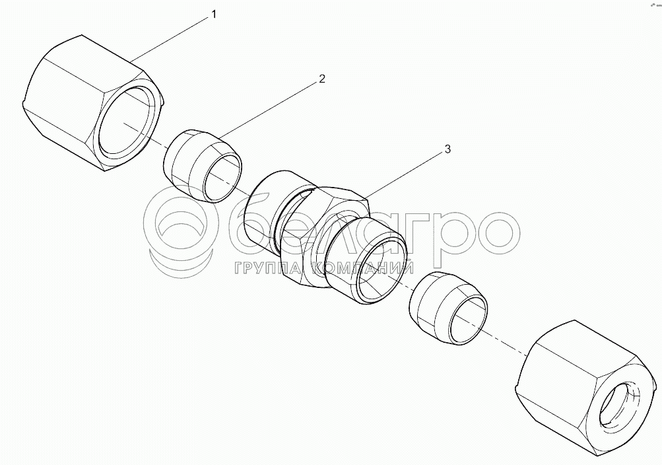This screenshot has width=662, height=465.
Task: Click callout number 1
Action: click(214, 15)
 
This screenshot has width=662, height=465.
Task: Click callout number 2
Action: click(322, 79)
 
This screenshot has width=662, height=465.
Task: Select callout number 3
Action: click(447, 149)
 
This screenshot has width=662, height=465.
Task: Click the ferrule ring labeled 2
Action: click(203, 166)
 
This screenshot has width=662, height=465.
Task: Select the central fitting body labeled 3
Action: click(325, 236)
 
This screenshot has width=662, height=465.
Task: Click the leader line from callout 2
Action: click(269, 110)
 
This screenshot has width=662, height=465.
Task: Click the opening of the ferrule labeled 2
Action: click(222, 176)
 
